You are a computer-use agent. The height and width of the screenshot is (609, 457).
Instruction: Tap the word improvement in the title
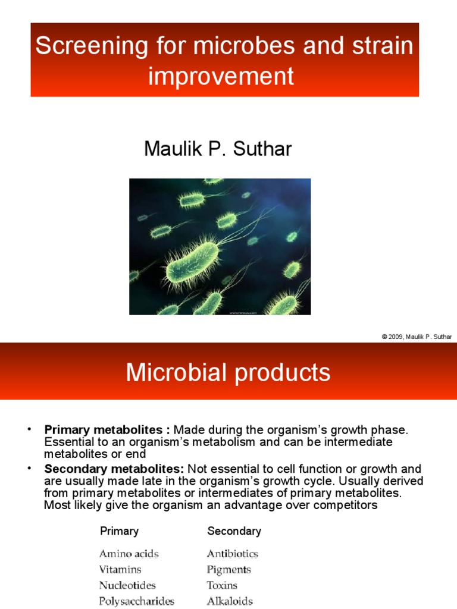[x=221, y=76]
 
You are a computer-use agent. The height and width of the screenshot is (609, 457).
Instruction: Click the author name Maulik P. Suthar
[x=218, y=149]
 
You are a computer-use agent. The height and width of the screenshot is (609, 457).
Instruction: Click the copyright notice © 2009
[x=417, y=337]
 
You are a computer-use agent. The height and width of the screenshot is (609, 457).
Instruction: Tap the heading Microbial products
[x=228, y=373]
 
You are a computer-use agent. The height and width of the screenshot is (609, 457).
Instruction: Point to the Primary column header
[x=119, y=531]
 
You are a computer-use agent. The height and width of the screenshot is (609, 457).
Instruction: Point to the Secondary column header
[x=234, y=531]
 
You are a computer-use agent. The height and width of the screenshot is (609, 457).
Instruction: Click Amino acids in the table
[x=129, y=554]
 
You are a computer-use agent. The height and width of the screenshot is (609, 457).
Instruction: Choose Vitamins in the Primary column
[x=120, y=570]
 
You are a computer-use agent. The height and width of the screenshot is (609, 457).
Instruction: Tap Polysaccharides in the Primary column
[x=136, y=601]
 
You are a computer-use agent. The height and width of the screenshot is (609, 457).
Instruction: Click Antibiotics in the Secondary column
[x=232, y=554]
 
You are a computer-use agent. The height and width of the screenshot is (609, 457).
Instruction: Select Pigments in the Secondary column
[x=228, y=570]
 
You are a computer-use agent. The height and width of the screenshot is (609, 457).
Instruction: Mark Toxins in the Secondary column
[x=222, y=585]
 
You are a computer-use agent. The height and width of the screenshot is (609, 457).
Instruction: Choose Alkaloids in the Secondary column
[x=230, y=601]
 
